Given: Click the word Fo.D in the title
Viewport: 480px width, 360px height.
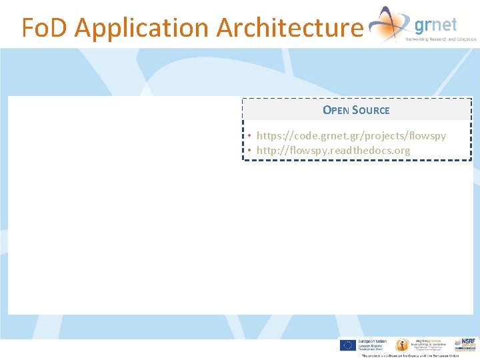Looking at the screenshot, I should (45, 28).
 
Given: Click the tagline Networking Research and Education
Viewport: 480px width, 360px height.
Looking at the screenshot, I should (441, 39).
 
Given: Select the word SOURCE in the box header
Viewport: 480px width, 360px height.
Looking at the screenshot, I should (372, 110).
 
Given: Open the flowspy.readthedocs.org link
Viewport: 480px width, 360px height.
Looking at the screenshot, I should (333, 150).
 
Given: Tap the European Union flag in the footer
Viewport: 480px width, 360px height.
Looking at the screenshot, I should (347, 345).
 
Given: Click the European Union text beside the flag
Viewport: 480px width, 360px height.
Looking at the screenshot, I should (371, 341).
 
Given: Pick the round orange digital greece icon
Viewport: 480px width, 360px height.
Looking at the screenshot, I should (402, 345).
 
